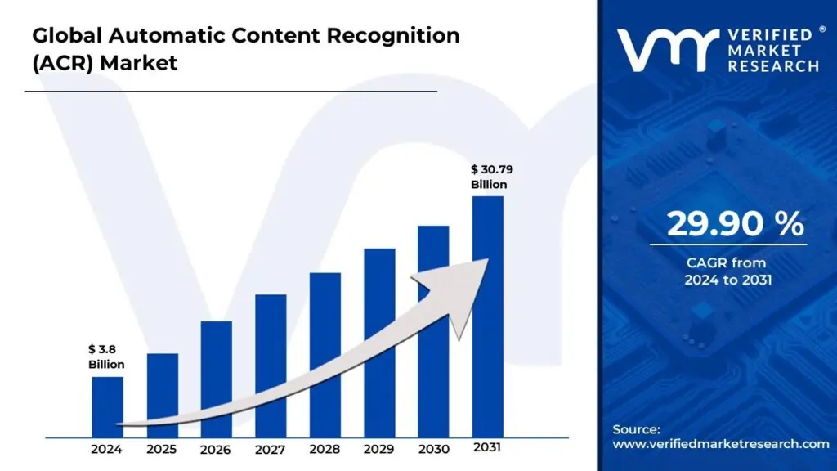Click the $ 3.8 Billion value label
[x=106, y=357]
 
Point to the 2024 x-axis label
[x=107, y=449]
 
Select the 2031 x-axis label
[x=488, y=448]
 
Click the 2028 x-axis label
[x=325, y=449]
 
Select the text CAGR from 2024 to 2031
[x=727, y=271]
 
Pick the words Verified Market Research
[x=772, y=50]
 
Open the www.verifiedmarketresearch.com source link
[x=721, y=444]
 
